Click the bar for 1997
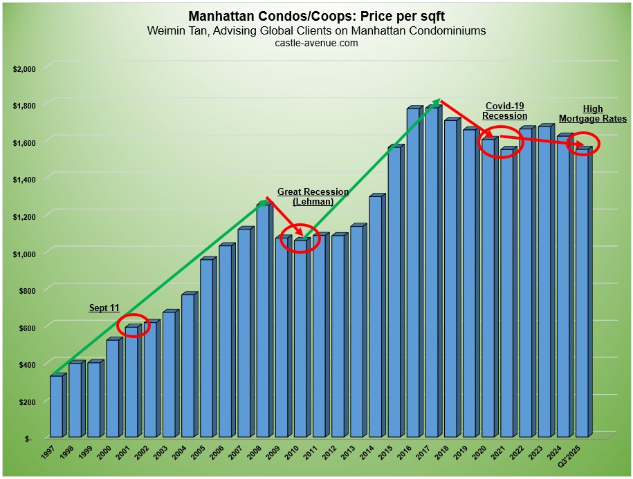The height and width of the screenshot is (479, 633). tap(56, 406)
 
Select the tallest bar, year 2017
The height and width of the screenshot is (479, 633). tap(431, 273)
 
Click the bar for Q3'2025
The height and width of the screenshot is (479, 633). tap(581, 294)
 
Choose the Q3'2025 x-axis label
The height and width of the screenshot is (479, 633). tap(573, 457)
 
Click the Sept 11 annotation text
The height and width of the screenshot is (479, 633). tap(104, 308)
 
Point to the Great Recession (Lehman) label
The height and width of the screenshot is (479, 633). tap(313, 196)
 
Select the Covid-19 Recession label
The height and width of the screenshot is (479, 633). tap(504, 111)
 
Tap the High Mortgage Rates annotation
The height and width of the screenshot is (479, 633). tap(594, 113)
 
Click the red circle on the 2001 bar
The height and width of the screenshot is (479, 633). tap(133, 326)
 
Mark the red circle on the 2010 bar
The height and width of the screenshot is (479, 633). tap(302, 238)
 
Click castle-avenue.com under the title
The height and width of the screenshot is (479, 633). tap(316, 43)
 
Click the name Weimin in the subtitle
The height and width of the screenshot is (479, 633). tap(165, 30)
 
